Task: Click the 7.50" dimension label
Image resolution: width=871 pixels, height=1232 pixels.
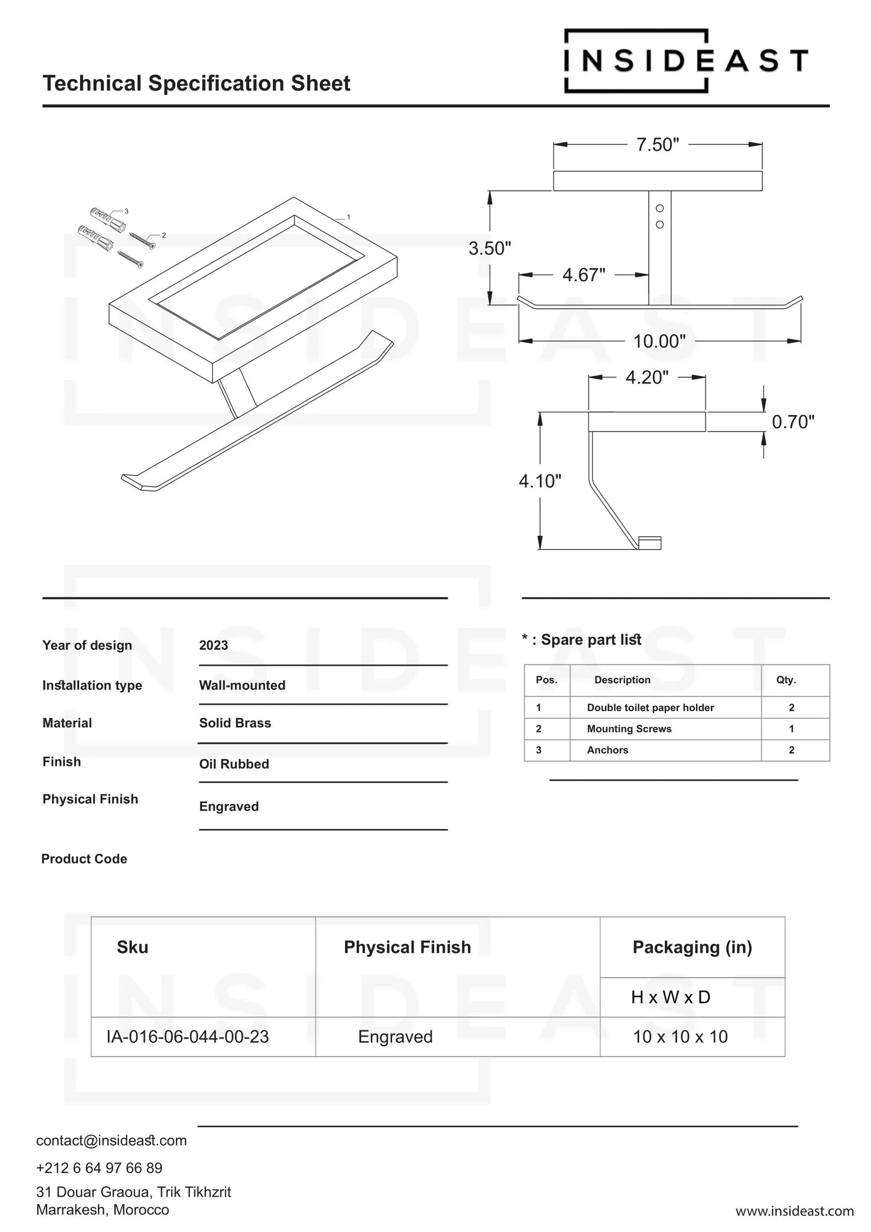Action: click(x=657, y=145)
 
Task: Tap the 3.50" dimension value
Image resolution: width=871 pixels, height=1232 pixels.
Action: click(x=489, y=248)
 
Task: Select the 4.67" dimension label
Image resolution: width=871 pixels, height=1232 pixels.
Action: click(x=584, y=275)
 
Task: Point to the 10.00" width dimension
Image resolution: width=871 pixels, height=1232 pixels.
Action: click(x=659, y=342)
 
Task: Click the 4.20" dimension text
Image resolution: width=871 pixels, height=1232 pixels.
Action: click(x=647, y=377)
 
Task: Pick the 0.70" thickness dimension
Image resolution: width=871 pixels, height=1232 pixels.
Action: click(x=793, y=422)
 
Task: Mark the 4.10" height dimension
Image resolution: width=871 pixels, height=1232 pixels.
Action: click(x=540, y=481)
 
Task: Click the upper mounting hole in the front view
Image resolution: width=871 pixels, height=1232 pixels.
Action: click(x=660, y=208)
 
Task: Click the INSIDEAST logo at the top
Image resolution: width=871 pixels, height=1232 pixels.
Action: click(x=686, y=60)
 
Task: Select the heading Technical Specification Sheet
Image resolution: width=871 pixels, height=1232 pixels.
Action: click(x=196, y=83)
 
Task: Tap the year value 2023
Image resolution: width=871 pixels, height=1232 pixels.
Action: click(x=213, y=645)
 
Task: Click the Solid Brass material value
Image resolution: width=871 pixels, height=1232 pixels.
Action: click(x=235, y=723)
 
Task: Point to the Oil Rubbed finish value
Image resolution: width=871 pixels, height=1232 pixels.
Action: click(x=234, y=764)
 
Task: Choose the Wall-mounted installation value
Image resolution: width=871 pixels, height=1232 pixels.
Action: click(x=242, y=685)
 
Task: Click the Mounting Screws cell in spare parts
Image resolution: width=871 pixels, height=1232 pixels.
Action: click(x=629, y=729)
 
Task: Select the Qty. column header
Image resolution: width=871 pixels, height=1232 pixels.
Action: click(x=786, y=680)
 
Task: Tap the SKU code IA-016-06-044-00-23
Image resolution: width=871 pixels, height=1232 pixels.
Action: click(x=188, y=1037)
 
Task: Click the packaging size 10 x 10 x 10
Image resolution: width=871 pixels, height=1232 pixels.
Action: click(x=680, y=1037)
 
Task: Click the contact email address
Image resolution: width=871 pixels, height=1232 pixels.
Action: click(x=111, y=1140)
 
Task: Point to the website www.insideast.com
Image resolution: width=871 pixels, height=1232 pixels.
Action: click(x=794, y=1211)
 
